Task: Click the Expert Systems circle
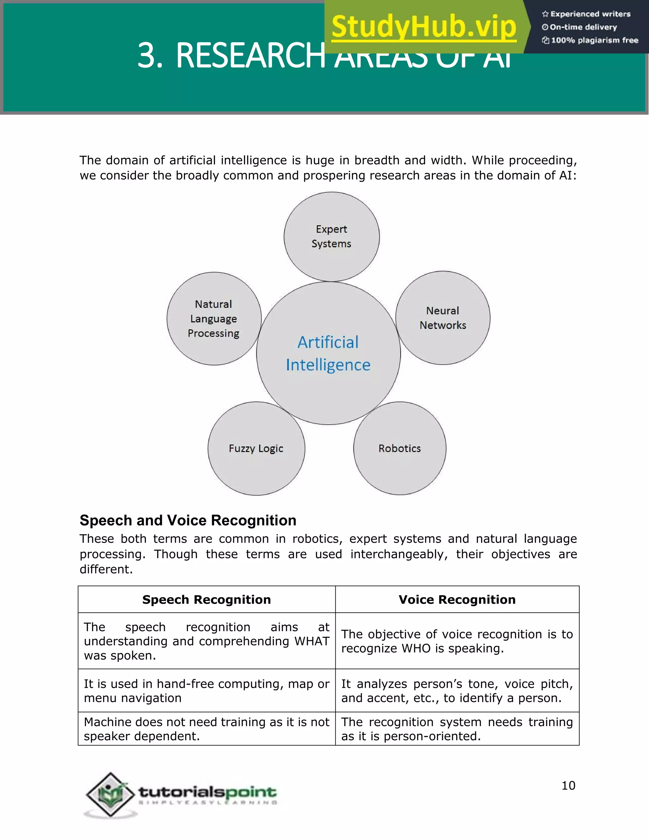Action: click(331, 236)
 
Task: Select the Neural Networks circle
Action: click(442, 318)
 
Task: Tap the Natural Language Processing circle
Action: click(214, 319)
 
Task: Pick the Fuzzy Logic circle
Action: click(256, 449)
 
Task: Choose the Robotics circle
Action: click(400, 449)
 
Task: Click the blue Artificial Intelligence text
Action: click(328, 353)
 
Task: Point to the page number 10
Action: click(568, 785)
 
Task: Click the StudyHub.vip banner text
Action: click(424, 27)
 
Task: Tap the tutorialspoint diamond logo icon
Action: click(111, 794)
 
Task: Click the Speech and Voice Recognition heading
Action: click(188, 520)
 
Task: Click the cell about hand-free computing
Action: click(207, 691)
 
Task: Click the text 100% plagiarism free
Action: click(594, 40)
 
